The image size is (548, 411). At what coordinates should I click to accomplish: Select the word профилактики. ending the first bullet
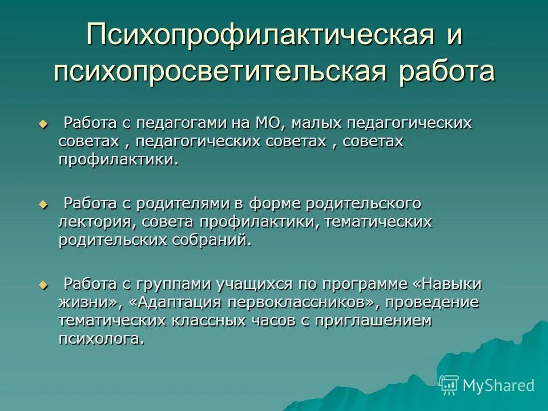click(119, 160)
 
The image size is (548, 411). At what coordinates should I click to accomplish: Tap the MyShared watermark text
click(498, 385)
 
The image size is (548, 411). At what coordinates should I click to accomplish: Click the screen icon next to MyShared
click(449, 385)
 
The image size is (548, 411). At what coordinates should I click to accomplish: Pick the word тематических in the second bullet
click(378, 221)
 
